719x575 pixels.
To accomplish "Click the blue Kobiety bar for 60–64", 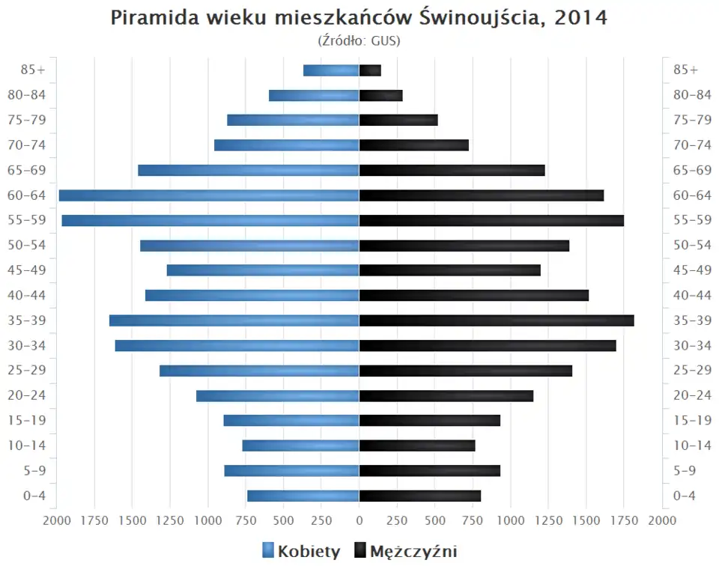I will pyautogui.click(x=209, y=195).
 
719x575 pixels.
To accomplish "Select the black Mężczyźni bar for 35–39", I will pyautogui.click(x=497, y=320).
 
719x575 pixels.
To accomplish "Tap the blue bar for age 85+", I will pyautogui.click(x=331, y=70).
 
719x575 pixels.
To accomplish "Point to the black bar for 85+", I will pyautogui.click(x=370, y=70).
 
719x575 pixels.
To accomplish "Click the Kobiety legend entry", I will pyautogui.click(x=301, y=552).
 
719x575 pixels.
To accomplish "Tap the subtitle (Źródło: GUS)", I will pyautogui.click(x=359, y=40).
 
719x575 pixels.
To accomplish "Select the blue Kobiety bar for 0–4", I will pyautogui.click(x=303, y=496).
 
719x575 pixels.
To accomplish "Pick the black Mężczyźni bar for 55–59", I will pyautogui.click(x=491, y=220).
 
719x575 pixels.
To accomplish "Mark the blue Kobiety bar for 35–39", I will pyautogui.click(x=234, y=320).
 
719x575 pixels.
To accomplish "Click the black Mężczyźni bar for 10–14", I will pyautogui.click(x=417, y=445).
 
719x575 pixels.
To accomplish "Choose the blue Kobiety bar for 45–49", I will pyautogui.click(x=263, y=270).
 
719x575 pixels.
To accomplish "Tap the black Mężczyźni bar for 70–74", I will pyautogui.click(x=414, y=145).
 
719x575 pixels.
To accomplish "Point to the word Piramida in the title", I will pyautogui.click(x=152, y=18).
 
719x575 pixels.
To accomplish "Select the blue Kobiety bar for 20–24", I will pyautogui.click(x=278, y=395).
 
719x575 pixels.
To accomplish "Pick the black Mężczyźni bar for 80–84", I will pyautogui.click(x=381, y=95).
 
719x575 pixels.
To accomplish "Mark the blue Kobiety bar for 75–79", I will pyautogui.click(x=293, y=120).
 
